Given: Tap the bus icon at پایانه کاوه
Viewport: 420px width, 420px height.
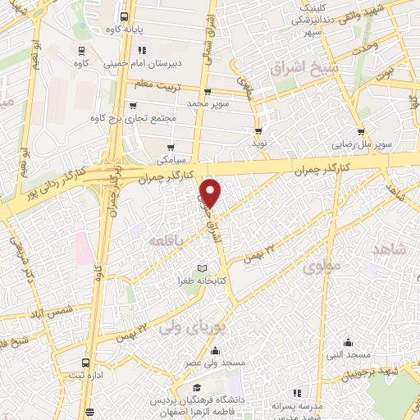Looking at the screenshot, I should click(124, 16).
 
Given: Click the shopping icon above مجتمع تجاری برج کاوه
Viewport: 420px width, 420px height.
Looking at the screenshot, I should click(133, 105).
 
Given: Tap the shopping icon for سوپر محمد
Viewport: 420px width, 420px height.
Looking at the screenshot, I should click(207, 92).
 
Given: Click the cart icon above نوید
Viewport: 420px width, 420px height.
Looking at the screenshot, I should click(258, 131).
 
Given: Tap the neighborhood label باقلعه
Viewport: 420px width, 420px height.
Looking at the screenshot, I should click(164, 239).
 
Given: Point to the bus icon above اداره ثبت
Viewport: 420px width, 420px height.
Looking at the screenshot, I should click(85, 363).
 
